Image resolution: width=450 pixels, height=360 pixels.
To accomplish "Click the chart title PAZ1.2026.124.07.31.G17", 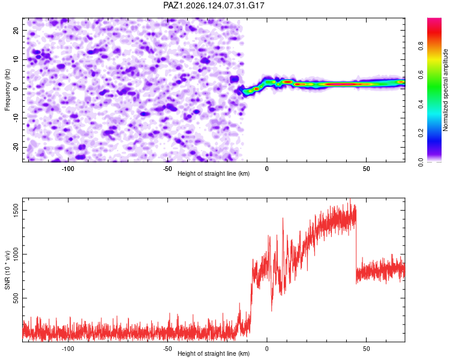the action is (214, 5).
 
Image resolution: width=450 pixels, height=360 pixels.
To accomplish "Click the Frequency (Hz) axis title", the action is (7, 90).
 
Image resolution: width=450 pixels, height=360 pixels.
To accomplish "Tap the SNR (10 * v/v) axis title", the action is (7, 270).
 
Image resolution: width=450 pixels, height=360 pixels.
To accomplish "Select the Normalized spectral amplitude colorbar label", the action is (445, 90).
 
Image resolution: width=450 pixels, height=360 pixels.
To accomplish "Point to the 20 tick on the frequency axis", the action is (16, 30).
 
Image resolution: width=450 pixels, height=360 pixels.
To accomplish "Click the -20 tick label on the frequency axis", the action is (16, 147).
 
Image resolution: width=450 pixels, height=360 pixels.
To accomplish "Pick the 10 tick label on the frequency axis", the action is (16, 59).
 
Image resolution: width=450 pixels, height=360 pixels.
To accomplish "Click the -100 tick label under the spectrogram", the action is (68, 169).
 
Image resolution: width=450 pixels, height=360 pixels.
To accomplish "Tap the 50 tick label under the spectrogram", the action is (366, 169).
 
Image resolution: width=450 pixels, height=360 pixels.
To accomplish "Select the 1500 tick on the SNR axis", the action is (16, 210).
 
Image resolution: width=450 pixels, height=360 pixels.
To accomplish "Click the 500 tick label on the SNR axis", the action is (16, 298).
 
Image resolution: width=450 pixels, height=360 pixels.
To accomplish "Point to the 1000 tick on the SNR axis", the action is (16, 254).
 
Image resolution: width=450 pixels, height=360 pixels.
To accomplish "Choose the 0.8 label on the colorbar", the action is (421, 46).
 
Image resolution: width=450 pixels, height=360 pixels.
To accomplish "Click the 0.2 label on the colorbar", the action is (421, 133).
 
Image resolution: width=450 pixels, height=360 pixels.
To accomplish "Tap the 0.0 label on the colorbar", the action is (421, 162).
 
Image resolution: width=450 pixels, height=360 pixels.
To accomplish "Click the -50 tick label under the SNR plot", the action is (167, 349).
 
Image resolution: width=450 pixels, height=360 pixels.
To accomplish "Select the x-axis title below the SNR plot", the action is (214, 353).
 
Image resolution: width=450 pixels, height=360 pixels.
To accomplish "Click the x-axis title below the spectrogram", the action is (214, 173).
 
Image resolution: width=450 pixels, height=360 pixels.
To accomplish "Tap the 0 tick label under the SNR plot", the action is (267, 349).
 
